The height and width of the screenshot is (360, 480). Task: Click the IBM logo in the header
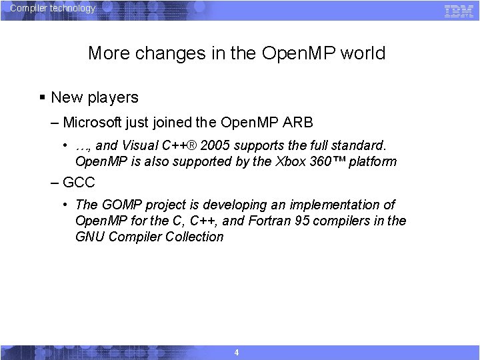point(459,10)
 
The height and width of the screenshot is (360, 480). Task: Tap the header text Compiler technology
point(53,9)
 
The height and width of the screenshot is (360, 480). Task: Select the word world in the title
point(363,53)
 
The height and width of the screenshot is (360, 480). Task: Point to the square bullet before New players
point(42,97)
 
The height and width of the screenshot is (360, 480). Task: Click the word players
point(113,97)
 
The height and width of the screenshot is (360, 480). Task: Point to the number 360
point(323,161)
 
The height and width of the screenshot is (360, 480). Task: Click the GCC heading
point(79,182)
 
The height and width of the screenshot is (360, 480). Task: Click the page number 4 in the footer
point(237,353)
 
